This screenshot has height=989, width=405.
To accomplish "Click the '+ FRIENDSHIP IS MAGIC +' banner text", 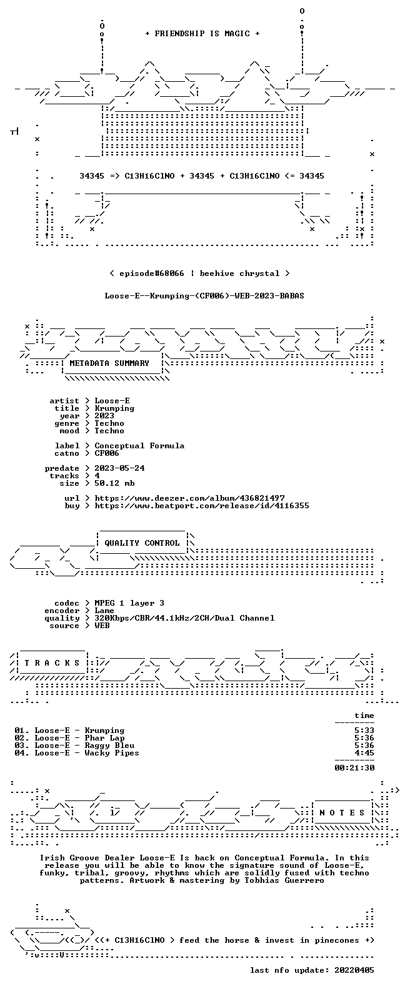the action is click(202, 34).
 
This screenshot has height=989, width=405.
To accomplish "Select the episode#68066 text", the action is click(152, 273).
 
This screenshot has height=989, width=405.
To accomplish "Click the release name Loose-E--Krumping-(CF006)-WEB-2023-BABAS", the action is click(204, 296).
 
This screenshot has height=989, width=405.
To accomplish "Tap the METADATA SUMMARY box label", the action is click(109, 363).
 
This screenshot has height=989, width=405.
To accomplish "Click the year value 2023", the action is click(104, 416).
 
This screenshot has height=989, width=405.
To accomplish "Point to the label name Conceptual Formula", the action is click(139, 446).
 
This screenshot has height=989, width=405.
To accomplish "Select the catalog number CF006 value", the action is click(106, 453).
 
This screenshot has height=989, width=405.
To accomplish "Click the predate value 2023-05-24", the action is click(119, 468).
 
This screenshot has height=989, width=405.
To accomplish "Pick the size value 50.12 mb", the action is click(114, 483).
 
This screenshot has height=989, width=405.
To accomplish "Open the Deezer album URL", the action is click(189, 498).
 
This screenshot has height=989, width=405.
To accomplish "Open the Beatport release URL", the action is click(202, 506).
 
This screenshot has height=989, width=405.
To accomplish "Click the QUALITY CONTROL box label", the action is click(142, 543).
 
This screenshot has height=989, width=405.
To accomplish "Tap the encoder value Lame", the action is click(104, 611).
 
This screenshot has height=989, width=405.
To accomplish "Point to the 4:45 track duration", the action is click(364, 753).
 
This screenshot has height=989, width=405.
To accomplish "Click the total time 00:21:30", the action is click(354, 768).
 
